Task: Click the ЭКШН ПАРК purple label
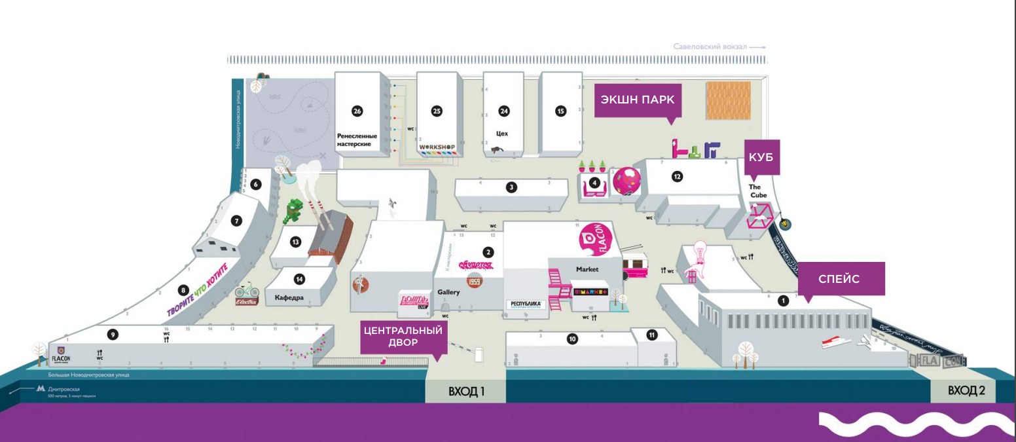pos(638,100)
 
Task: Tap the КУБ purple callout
pos(762,157)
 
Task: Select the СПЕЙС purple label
pos(841,279)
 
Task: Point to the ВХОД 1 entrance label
pos(466,392)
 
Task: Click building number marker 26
pos(357,111)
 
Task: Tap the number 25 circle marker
pos(437,111)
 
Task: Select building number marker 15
pos(560,111)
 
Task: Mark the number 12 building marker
pos(677,175)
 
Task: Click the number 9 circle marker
pos(113,335)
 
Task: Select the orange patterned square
pos(728,100)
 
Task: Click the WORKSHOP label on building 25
pos(437,145)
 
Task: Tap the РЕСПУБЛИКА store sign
pos(526,304)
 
